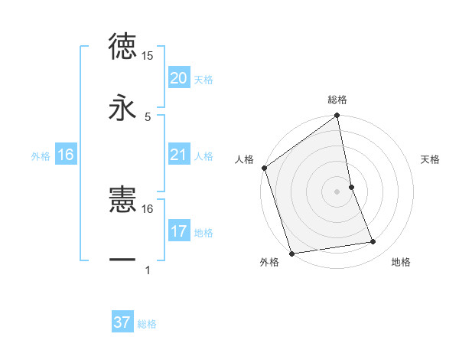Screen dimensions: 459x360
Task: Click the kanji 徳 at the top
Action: pyautogui.click(x=122, y=46)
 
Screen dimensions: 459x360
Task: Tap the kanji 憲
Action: pyautogui.click(x=122, y=199)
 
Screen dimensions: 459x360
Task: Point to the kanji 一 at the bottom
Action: pyautogui.click(x=122, y=260)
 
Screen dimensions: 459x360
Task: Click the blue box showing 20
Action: pyautogui.click(x=178, y=78)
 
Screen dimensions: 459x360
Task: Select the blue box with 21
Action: pyautogui.click(x=178, y=155)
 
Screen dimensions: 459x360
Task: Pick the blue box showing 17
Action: pyautogui.click(x=178, y=231)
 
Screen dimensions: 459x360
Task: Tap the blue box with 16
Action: pyautogui.click(x=65, y=155)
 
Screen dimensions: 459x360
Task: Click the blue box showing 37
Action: pyautogui.click(x=122, y=322)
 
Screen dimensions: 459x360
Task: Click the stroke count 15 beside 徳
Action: pyautogui.click(x=148, y=56)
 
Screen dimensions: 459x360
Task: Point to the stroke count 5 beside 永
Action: pyautogui.click(x=148, y=116)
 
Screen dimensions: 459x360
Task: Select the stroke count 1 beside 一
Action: pyautogui.click(x=148, y=270)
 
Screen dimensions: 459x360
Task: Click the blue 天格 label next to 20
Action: pyautogui.click(x=203, y=79)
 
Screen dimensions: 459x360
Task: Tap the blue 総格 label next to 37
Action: pyautogui.click(x=147, y=323)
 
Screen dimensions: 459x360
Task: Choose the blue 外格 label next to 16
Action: pyautogui.click(x=41, y=156)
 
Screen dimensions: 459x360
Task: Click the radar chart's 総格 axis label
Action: pyautogui.click(x=337, y=100)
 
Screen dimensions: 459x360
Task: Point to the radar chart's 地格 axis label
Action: pyautogui.click(x=401, y=263)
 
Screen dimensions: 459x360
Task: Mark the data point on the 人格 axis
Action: pyautogui.click(x=264, y=168)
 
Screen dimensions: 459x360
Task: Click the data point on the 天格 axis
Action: pyautogui.click(x=351, y=186)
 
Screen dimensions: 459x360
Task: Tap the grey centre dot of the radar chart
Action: pyautogui.click(x=337, y=191)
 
